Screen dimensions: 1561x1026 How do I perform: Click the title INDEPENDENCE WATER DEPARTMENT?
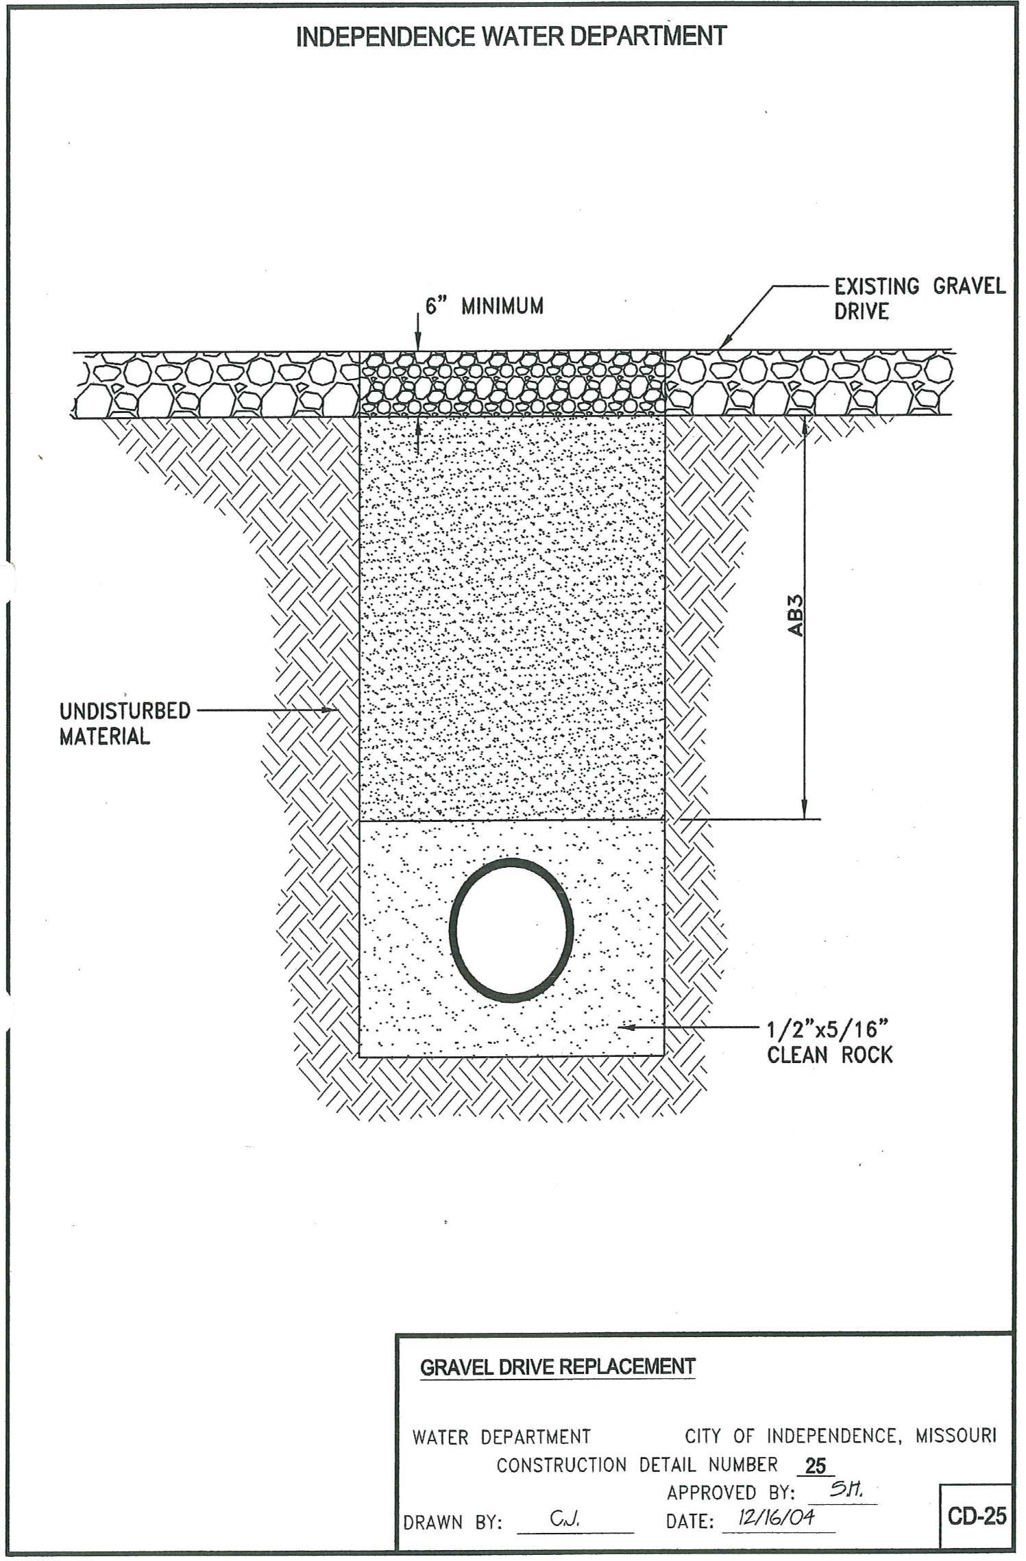point(511,36)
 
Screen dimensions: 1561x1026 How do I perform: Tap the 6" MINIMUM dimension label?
point(484,306)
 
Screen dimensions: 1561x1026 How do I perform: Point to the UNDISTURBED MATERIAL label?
point(124,723)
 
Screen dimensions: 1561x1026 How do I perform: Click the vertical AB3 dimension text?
point(796,615)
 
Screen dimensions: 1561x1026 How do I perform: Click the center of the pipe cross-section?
point(513,929)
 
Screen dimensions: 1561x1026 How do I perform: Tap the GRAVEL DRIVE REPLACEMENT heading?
point(557,1367)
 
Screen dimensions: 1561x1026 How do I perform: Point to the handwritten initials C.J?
point(566,1500)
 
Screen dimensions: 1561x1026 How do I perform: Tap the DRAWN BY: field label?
point(454,1504)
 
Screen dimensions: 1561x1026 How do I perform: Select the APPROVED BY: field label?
point(731,1473)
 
